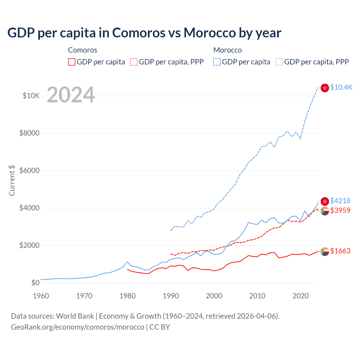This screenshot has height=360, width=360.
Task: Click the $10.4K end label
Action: click(x=341, y=87)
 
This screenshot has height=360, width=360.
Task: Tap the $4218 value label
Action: click(x=340, y=201)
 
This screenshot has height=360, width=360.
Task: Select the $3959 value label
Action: click(x=340, y=210)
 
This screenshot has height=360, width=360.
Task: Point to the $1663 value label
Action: click(x=340, y=251)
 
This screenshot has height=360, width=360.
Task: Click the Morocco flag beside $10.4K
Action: click(x=325, y=88)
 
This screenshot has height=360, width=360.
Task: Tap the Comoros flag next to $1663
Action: click(x=325, y=251)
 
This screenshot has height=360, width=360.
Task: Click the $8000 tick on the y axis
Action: click(x=29, y=133)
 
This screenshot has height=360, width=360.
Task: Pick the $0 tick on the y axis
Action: click(x=35, y=283)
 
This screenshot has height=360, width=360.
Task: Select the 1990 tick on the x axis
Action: click(x=171, y=296)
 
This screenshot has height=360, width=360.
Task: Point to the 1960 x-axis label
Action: click(x=41, y=296)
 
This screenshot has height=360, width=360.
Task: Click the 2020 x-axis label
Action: click(x=301, y=296)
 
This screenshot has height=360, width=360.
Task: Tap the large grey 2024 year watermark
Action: click(x=71, y=95)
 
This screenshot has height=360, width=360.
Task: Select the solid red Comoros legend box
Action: click(x=72, y=62)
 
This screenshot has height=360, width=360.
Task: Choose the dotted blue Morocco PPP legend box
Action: click(x=279, y=62)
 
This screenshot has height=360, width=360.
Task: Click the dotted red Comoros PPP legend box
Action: click(x=134, y=62)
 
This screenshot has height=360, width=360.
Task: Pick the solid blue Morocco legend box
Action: click(x=217, y=62)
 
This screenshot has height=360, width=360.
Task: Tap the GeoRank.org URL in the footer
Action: click(x=77, y=327)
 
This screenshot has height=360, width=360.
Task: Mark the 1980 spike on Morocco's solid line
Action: click(x=127, y=262)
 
